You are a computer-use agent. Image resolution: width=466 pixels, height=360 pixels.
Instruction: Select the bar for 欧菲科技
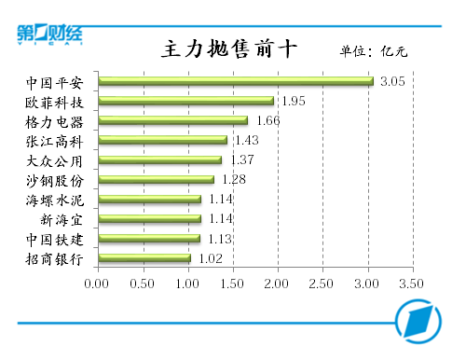tap(185, 101)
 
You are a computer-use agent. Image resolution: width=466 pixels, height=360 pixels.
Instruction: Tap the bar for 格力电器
tap(171, 120)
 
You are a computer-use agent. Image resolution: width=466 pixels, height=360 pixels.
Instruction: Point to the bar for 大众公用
tap(158, 159)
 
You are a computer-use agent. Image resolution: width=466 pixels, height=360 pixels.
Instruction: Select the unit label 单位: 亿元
tap(373, 51)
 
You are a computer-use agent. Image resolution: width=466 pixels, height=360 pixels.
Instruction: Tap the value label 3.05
tap(391, 81)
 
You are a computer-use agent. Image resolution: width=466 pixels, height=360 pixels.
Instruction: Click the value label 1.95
tap(294, 101)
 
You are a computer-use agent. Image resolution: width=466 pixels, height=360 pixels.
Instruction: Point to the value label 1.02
tap(211, 258)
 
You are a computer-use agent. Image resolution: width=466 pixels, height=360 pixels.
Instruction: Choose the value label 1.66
tap(267, 120)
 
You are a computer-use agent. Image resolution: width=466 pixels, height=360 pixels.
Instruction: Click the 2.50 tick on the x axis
tap(322, 283)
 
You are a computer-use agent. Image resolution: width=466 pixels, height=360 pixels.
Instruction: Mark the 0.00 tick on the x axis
tap(97, 283)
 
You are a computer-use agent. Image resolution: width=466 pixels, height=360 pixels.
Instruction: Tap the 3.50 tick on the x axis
tap(412, 283)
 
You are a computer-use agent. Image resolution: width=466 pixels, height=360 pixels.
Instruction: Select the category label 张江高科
tap(55, 140)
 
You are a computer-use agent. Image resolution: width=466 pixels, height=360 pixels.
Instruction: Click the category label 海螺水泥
tap(55, 199)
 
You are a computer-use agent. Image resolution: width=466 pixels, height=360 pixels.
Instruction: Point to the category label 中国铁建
tap(55, 239)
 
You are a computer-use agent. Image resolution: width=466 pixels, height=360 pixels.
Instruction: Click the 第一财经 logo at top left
tap(49, 34)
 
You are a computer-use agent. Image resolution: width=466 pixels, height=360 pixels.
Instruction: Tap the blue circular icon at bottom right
tap(419, 320)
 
